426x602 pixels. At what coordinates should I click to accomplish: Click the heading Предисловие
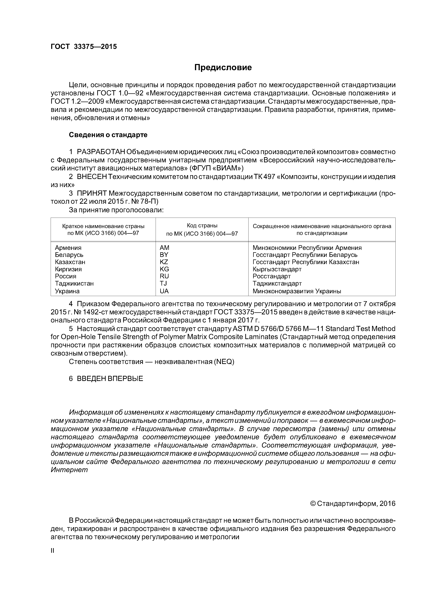click(223, 68)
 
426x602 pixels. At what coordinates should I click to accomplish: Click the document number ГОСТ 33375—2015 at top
click(83, 47)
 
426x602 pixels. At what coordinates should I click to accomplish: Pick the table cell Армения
click(68, 248)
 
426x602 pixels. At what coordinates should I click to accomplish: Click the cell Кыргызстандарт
click(277, 269)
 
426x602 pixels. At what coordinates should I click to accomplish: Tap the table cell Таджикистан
click(74, 283)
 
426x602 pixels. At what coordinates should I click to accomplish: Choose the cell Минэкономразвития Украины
click(297, 291)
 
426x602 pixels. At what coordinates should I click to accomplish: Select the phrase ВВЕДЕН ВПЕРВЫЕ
click(110, 379)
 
